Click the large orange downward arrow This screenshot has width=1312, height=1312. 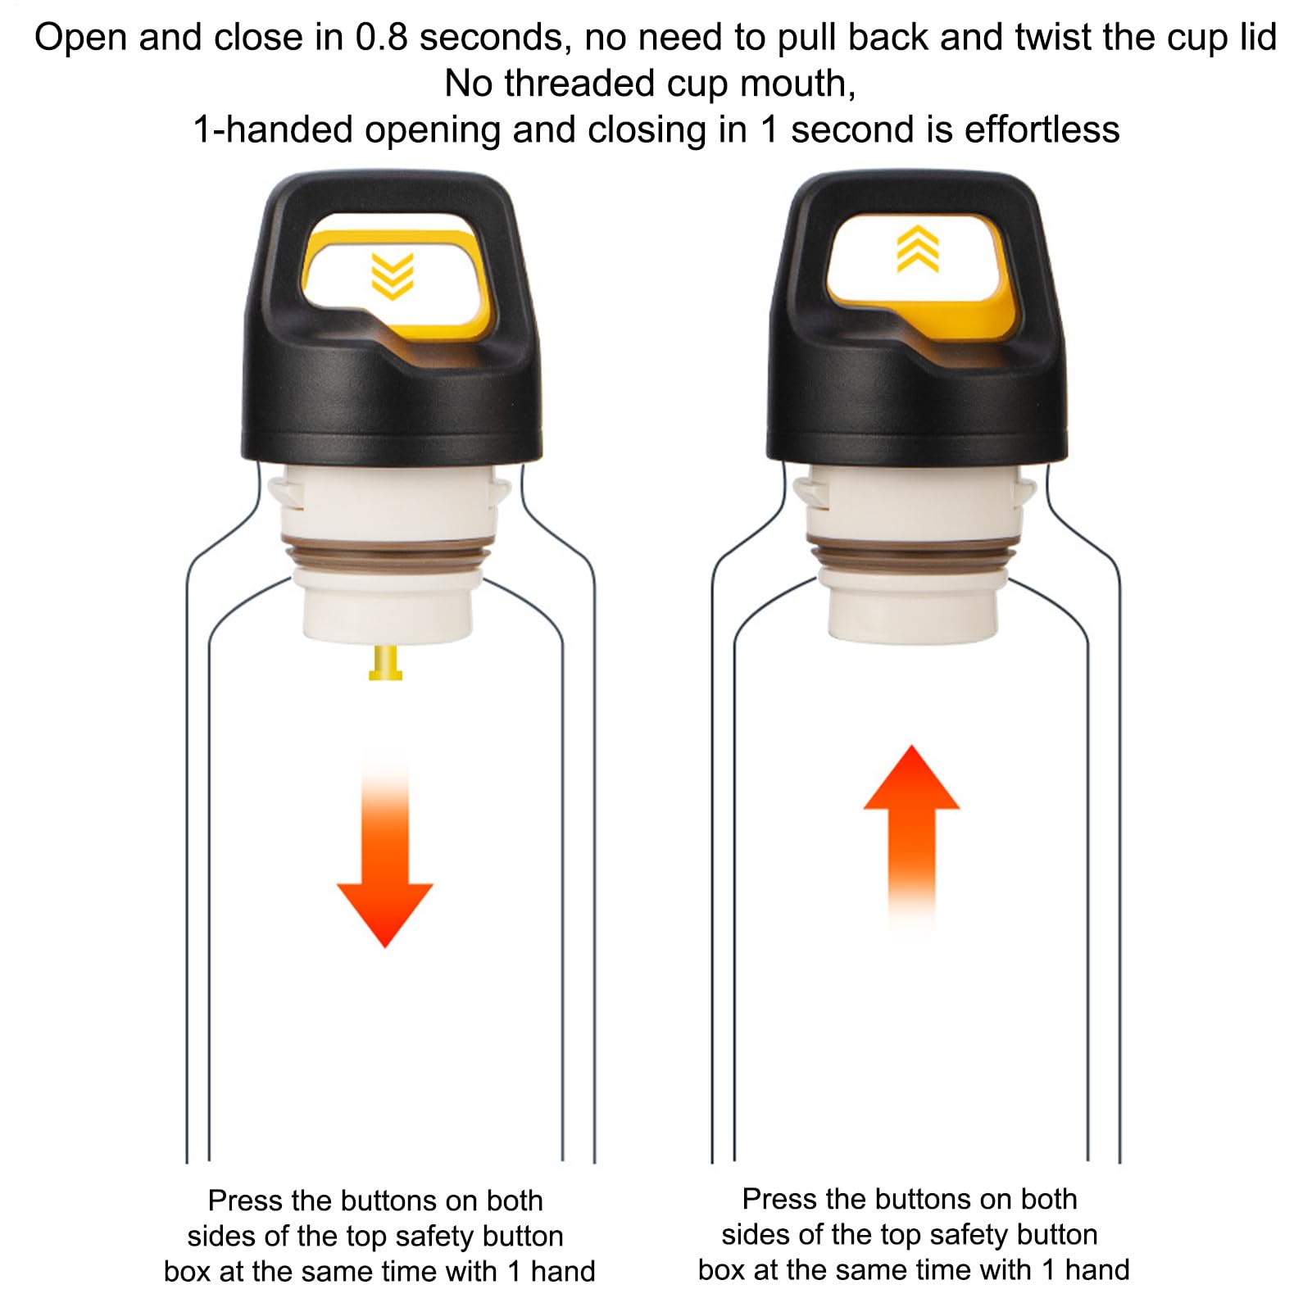[384, 852]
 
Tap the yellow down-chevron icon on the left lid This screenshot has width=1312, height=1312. [393, 276]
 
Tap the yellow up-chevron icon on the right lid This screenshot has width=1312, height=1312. [918, 248]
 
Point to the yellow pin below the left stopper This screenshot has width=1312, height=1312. [385, 663]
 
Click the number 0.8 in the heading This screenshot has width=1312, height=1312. [381, 38]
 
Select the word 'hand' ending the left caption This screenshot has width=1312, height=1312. [563, 1271]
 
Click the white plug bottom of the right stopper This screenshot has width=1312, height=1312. [913, 609]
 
